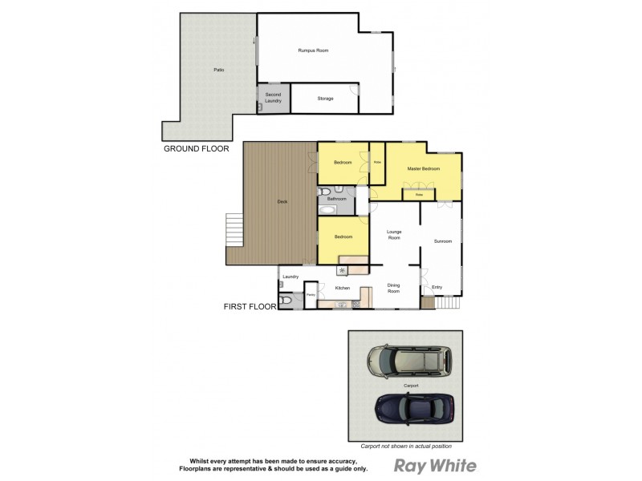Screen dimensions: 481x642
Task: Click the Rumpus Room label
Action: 314,50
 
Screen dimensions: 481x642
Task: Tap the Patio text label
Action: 218,71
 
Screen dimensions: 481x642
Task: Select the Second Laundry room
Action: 274,97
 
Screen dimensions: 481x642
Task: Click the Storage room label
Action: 325,99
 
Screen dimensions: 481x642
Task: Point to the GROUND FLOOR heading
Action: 197,148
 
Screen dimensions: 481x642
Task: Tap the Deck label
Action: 282,201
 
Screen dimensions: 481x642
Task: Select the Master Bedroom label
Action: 423,169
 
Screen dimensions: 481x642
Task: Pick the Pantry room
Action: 311,295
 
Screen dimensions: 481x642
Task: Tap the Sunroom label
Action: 442,241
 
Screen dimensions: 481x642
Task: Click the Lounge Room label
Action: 394,234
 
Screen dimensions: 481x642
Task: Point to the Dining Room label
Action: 394,289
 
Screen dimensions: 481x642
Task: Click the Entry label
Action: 437,287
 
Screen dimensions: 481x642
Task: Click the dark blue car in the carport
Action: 414,409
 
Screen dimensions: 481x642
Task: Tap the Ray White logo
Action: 435,466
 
